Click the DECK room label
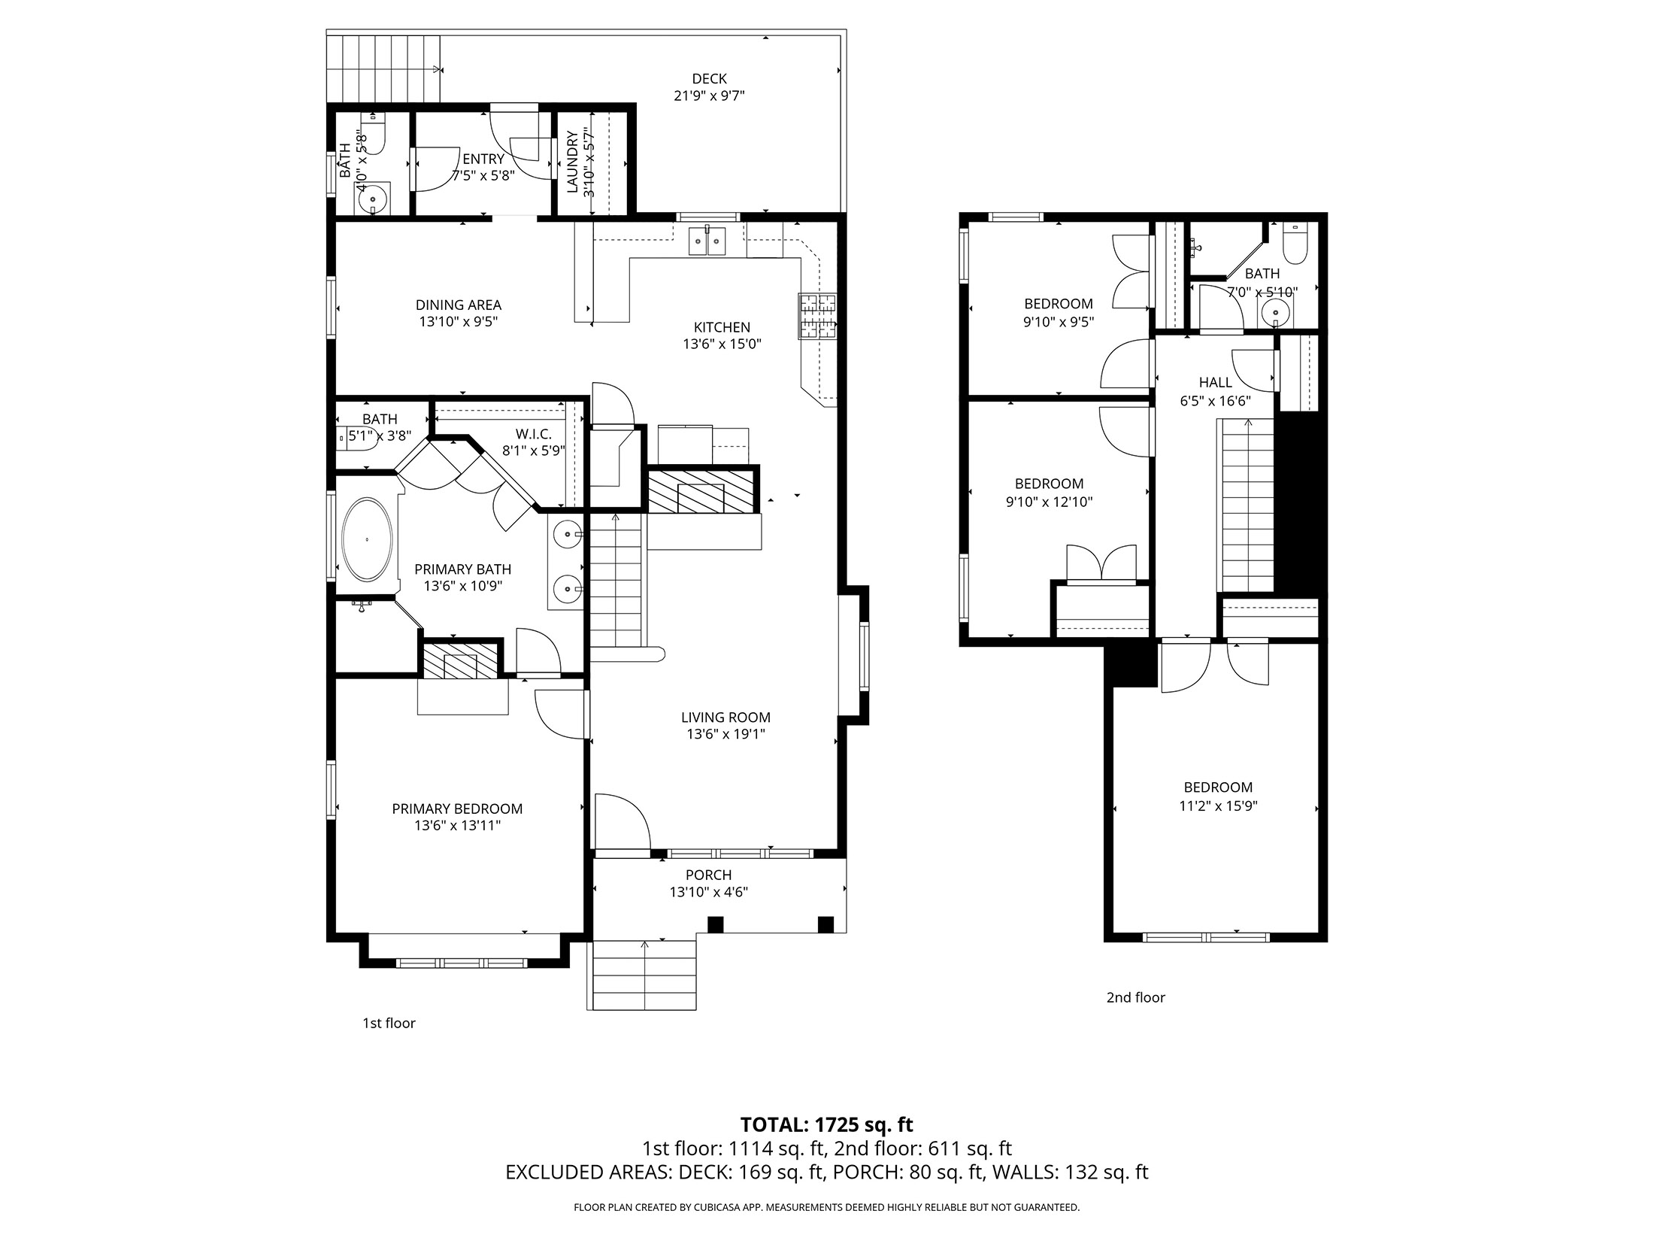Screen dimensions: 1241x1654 709,79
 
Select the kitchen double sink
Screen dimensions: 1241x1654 707,241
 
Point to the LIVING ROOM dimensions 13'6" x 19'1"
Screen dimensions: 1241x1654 726,734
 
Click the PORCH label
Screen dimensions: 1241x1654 708,875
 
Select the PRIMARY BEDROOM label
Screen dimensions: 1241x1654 457,809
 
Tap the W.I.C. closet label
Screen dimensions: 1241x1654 534,434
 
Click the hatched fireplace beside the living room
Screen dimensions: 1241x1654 701,489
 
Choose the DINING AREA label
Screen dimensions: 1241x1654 459,305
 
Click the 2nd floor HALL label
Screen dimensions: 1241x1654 1215,382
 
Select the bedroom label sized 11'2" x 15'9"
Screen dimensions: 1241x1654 1218,787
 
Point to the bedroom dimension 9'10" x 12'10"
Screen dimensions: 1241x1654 1049,502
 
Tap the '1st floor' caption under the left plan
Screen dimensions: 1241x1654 389,1023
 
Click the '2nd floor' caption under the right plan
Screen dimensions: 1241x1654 1135,997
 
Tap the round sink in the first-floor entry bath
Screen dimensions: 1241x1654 372,200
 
